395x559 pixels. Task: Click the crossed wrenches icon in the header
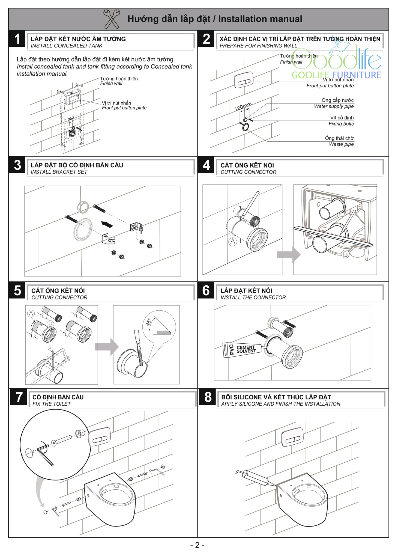(x=112, y=19)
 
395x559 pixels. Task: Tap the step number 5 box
(x=17, y=290)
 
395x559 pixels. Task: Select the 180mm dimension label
(x=243, y=106)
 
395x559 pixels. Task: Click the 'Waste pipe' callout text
(x=341, y=144)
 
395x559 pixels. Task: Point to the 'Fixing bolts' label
(x=341, y=124)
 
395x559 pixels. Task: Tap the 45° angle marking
(x=148, y=322)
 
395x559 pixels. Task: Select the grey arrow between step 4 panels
(x=289, y=255)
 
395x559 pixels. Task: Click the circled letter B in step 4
(x=345, y=254)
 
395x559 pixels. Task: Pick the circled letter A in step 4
(x=233, y=242)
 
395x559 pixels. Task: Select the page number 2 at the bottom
(x=197, y=545)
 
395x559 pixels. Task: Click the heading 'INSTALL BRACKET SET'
(x=59, y=172)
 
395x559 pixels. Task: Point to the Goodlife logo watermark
(x=336, y=61)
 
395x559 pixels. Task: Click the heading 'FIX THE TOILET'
(x=52, y=404)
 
